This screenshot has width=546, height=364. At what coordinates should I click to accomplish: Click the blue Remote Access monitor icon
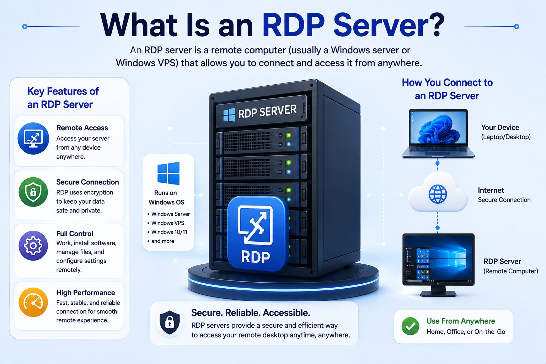coord(33,139)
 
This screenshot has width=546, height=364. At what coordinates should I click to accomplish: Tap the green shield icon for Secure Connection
coord(33,192)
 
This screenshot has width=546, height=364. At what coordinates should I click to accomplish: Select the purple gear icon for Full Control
coord(33,246)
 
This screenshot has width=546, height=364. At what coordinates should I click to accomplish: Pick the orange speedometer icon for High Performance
coord(33,302)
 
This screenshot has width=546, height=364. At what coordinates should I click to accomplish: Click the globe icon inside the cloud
coord(438,194)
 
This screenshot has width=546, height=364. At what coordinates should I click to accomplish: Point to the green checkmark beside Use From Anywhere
coord(411,326)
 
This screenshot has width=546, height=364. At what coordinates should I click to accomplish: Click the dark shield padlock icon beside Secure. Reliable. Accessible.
coord(170,322)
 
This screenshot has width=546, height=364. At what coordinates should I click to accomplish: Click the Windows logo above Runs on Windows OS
coord(168,173)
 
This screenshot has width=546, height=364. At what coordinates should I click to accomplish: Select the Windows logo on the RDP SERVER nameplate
coord(229,114)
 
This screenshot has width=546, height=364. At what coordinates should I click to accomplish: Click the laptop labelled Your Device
coord(438,134)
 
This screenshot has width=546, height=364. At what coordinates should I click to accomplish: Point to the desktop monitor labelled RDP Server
coord(438,265)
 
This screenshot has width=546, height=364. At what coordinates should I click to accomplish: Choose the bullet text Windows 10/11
coord(169,232)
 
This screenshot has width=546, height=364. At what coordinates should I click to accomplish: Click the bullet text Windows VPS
coord(168,223)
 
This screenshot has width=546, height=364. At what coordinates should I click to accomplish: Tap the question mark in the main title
coord(435,25)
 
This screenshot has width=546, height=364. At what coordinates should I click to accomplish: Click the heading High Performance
coord(86,293)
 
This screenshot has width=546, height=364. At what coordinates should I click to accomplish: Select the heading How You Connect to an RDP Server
coord(447,89)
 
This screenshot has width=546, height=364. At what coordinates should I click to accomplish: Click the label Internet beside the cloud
coord(491,190)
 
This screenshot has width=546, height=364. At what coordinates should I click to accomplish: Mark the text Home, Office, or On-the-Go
coord(466,332)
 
